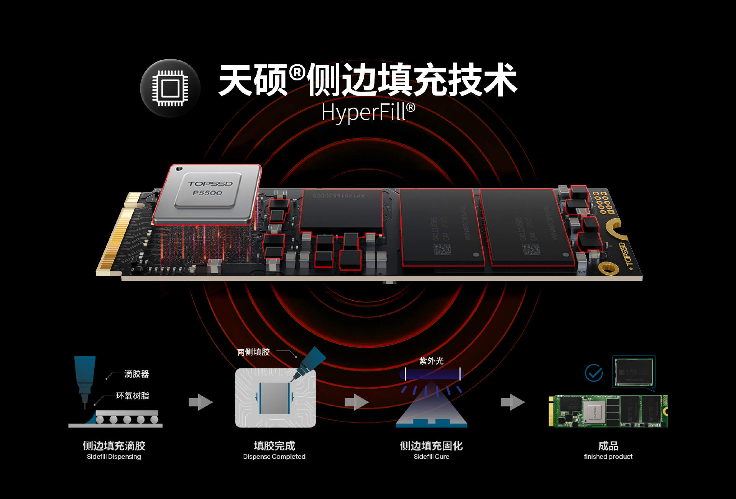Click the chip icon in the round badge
(x=170, y=88)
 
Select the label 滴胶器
(x=136, y=374)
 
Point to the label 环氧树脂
(x=132, y=396)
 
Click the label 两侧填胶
(x=253, y=352)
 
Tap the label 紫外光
(x=431, y=361)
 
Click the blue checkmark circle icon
(x=594, y=373)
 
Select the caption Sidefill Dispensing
(x=114, y=456)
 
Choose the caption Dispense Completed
(x=274, y=456)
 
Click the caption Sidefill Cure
(x=431, y=456)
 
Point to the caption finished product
(x=608, y=456)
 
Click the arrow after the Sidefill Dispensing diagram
(x=200, y=402)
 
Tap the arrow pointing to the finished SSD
(x=512, y=402)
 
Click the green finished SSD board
(x=608, y=411)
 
